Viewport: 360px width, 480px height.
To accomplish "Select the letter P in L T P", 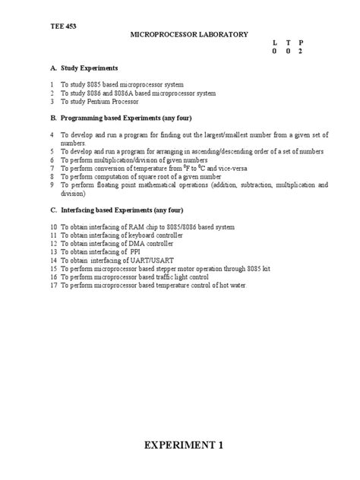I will [300, 43].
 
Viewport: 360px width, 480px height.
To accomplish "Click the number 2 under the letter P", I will [300, 51].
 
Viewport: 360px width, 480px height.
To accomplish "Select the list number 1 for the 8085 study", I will [52, 84].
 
